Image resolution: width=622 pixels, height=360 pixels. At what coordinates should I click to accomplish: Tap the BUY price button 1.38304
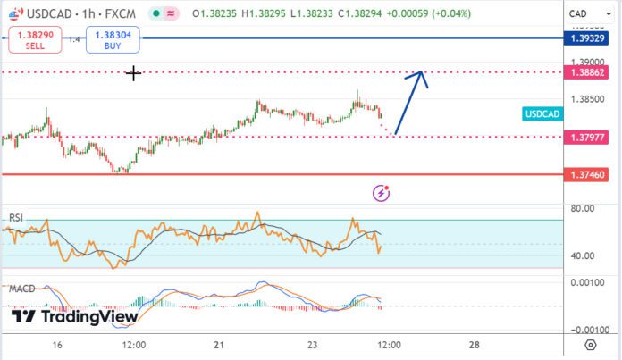(112, 40)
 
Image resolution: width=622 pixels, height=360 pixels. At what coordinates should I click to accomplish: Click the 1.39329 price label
(589, 38)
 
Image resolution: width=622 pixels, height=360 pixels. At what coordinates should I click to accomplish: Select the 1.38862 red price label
(589, 71)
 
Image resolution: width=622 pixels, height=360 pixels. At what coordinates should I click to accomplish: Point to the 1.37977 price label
(589, 137)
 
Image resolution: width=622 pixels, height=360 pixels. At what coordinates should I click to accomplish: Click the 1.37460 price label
(589, 175)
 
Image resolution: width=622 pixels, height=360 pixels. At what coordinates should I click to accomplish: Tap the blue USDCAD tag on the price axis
(542, 113)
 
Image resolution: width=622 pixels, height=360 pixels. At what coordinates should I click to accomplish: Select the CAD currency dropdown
(587, 14)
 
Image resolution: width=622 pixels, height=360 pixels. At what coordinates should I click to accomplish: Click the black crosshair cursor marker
(133, 73)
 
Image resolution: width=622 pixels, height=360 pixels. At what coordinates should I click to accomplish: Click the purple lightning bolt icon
(382, 192)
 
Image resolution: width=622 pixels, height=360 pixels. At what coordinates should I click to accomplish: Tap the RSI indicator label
(16, 217)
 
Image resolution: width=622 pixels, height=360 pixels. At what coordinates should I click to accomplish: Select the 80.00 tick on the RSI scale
(583, 209)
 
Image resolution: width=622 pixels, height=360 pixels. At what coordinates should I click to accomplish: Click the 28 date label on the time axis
(475, 344)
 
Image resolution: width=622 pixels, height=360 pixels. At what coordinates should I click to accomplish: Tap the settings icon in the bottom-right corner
(590, 345)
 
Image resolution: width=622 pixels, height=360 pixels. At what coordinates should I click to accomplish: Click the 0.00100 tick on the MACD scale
(585, 281)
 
